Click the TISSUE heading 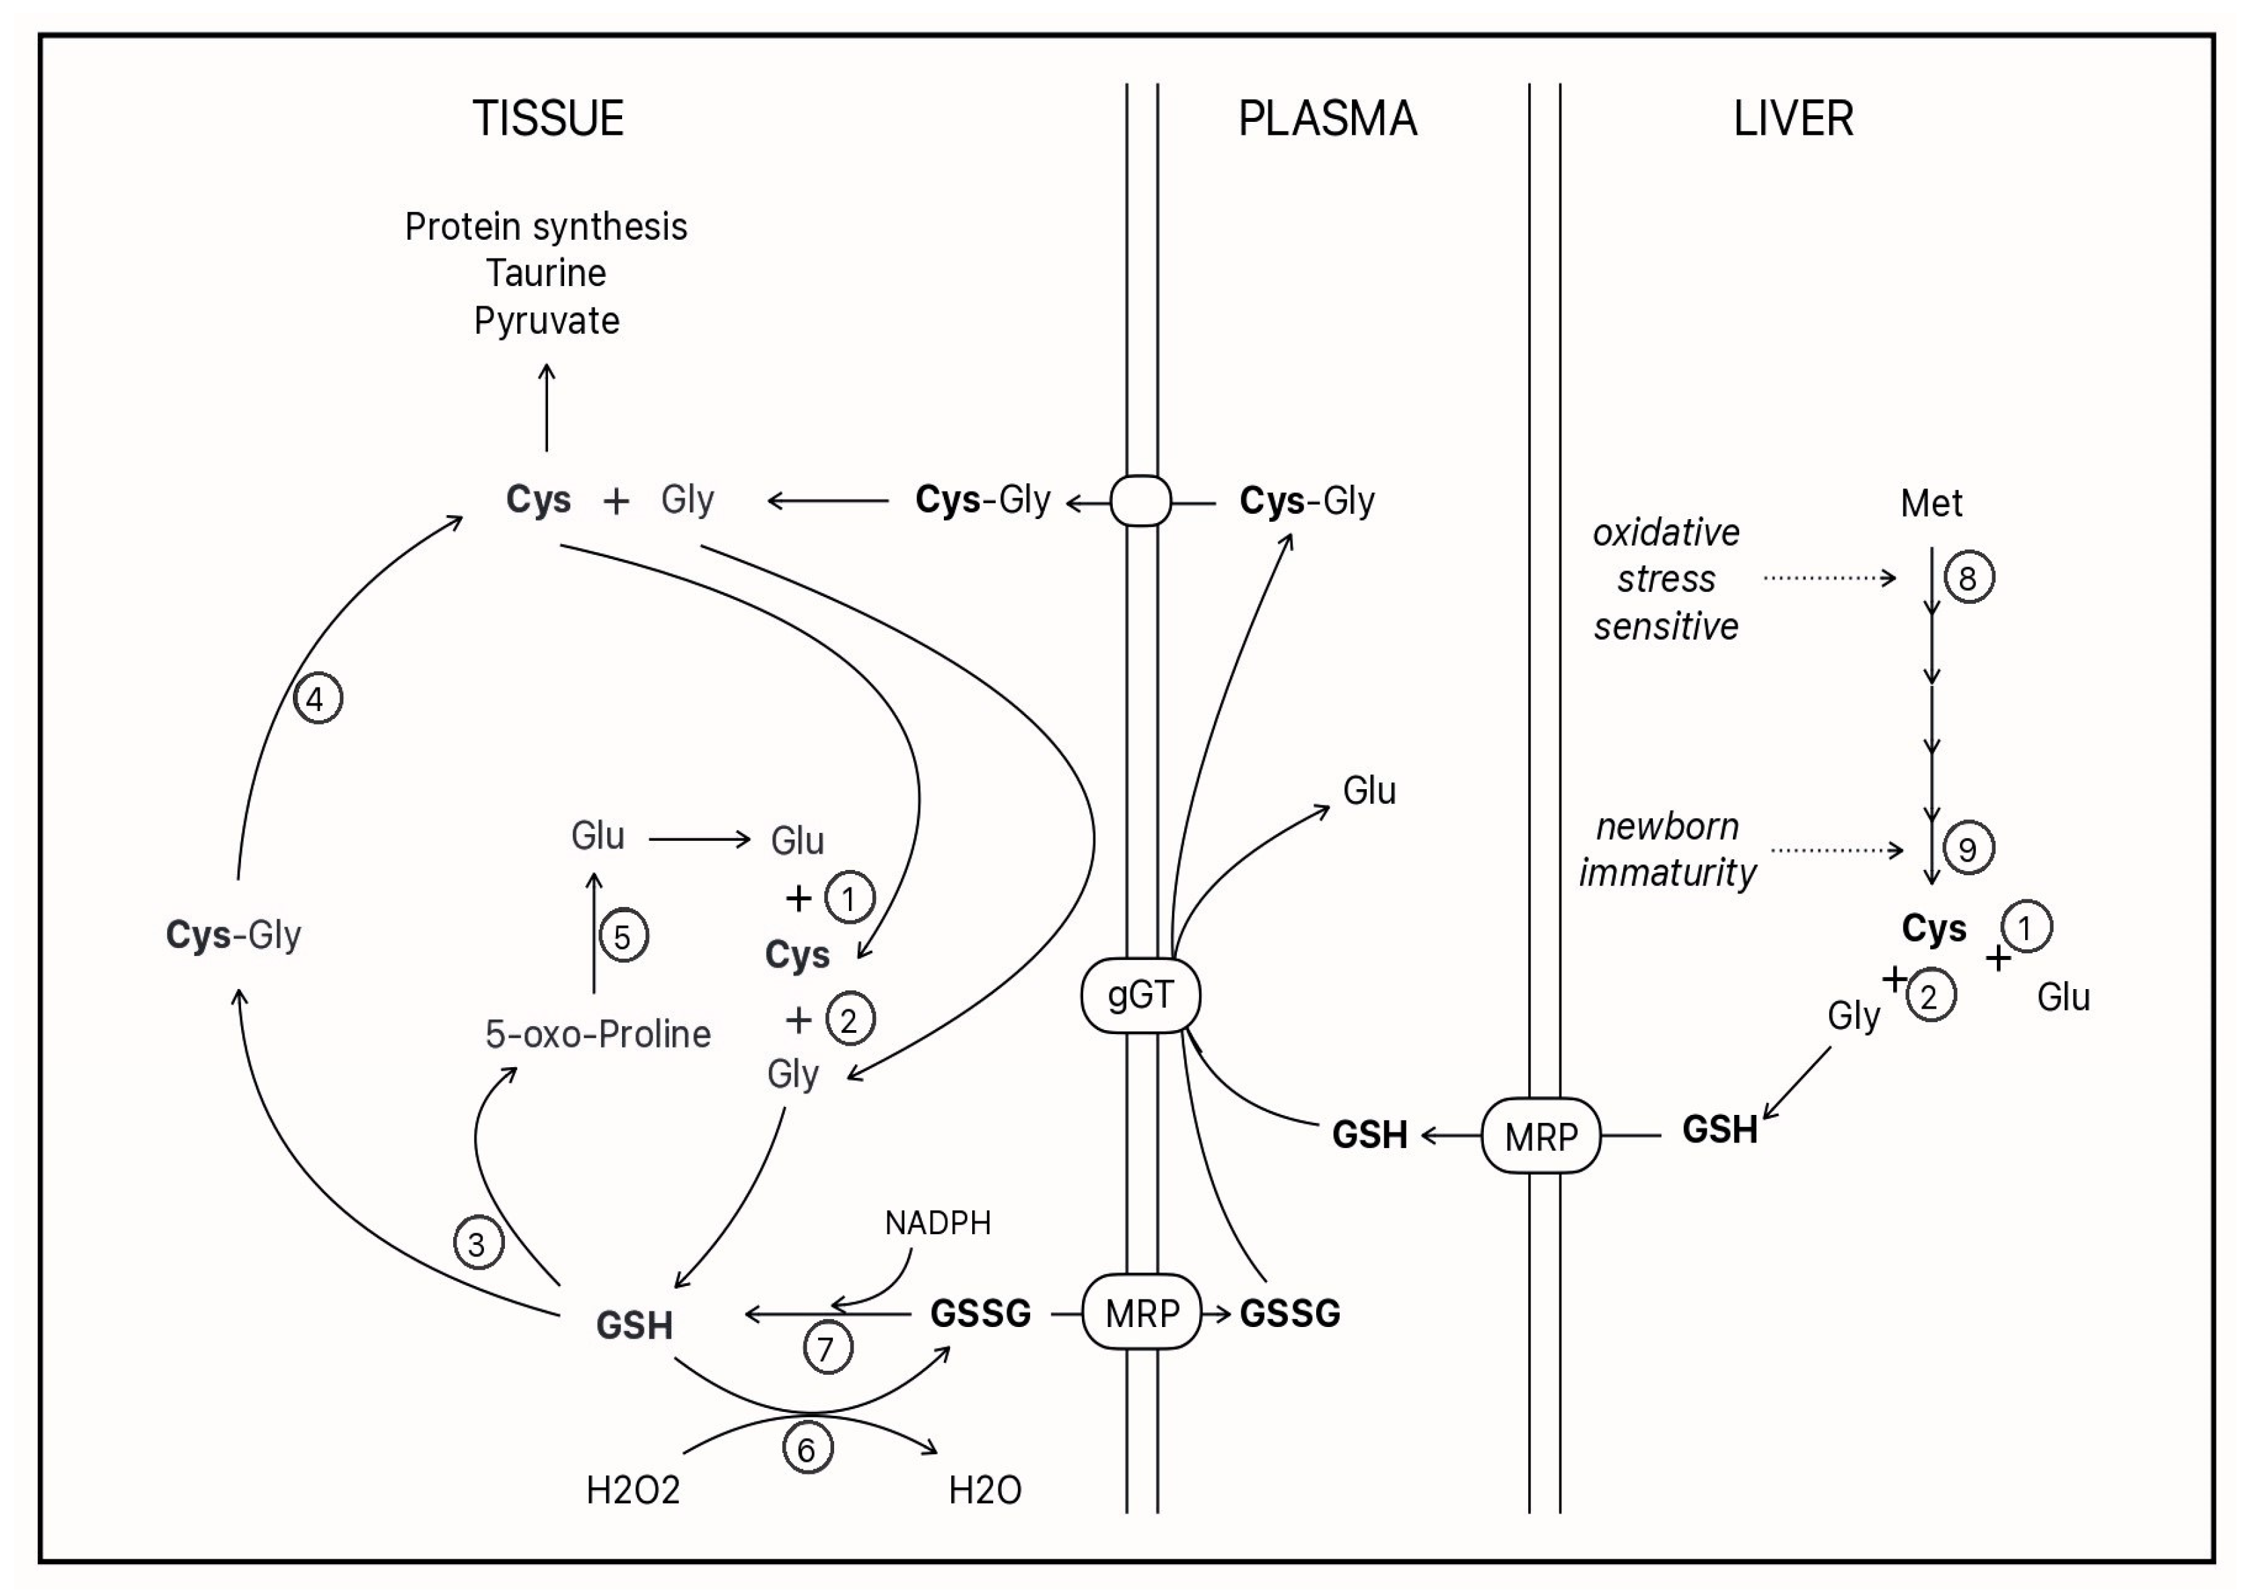[x=548, y=119]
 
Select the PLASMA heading [x=1327, y=119]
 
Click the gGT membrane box [x=1140, y=995]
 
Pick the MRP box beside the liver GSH [x=1540, y=1136]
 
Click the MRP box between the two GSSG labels [x=1141, y=1313]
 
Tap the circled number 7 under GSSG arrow [x=827, y=1349]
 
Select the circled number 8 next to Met [x=1968, y=578]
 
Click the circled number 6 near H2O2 [x=807, y=1450]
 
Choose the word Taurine [x=546, y=273]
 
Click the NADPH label [x=938, y=1223]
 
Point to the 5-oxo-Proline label [x=597, y=1034]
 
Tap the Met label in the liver [x=1931, y=503]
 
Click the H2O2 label [x=632, y=1491]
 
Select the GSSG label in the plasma [x=1289, y=1313]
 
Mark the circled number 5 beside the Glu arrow [x=623, y=937]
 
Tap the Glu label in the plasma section [x=1369, y=790]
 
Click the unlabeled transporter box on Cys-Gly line [x=1140, y=501]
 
